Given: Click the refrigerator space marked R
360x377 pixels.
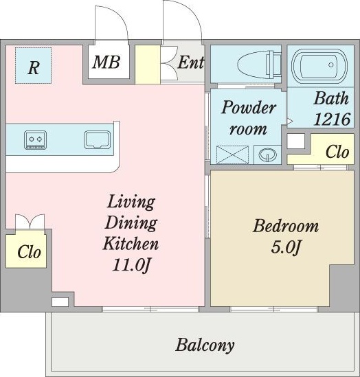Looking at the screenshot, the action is pyautogui.click(x=33, y=65).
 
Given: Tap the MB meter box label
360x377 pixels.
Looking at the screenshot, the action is pyautogui.click(x=106, y=62).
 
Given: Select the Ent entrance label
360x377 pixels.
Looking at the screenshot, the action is pyautogui.click(x=191, y=62).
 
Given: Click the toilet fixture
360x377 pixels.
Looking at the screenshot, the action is pyautogui.click(x=259, y=64).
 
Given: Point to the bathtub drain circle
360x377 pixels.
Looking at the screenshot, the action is pyautogui.click(x=331, y=65).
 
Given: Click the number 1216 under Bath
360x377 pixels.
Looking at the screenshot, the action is pyautogui.click(x=332, y=119).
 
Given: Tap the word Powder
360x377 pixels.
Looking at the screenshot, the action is pyautogui.click(x=248, y=107).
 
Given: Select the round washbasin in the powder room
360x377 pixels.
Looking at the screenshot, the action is pyautogui.click(x=267, y=154).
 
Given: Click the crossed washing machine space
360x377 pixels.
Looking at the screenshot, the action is pyautogui.click(x=232, y=155).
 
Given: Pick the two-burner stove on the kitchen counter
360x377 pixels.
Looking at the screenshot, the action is pyautogui.click(x=35, y=140).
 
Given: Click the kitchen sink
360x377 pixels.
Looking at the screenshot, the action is pyautogui.click(x=97, y=139).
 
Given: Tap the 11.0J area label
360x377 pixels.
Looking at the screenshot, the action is pyautogui.click(x=131, y=265).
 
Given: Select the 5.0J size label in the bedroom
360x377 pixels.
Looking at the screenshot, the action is pyautogui.click(x=286, y=247).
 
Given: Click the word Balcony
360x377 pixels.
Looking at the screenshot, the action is pyautogui.click(x=205, y=345).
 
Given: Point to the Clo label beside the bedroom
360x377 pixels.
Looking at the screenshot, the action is pyautogui.click(x=337, y=152).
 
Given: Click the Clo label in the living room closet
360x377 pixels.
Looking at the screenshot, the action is pyautogui.click(x=29, y=252).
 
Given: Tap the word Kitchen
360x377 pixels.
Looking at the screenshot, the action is pyautogui.click(x=131, y=243).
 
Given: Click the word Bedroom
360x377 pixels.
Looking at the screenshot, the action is pyautogui.click(x=286, y=226).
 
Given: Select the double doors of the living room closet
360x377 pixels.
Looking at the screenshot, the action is pyautogui.click(x=30, y=222).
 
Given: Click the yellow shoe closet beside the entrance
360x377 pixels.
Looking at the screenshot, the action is pyautogui.click(x=148, y=65).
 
